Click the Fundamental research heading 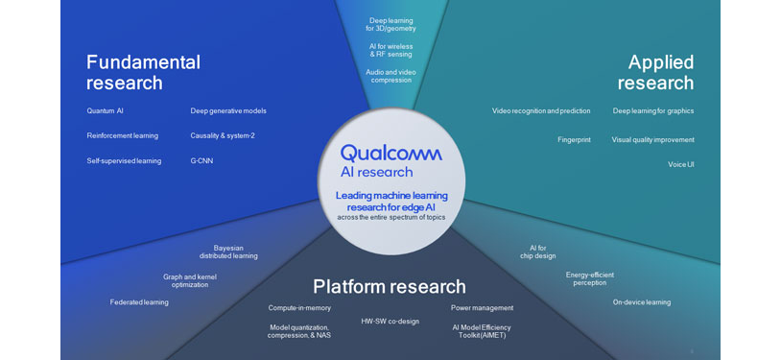tap(143, 72)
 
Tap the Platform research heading tap(390, 286)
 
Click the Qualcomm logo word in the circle tap(391, 153)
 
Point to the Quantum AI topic tap(106, 110)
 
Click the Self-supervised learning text tap(124, 160)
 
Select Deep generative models tap(228, 110)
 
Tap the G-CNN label tap(201, 160)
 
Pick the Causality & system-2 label tap(223, 135)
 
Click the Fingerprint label tap(574, 139)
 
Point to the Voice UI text tap(680, 164)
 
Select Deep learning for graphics tap(652, 110)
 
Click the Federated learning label tap(139, 301)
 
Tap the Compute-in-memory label tap(299, 307)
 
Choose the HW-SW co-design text tap(390, 321)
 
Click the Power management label tap(482, 307)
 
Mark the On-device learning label tap(642, 301)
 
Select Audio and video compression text tap(390, 75)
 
